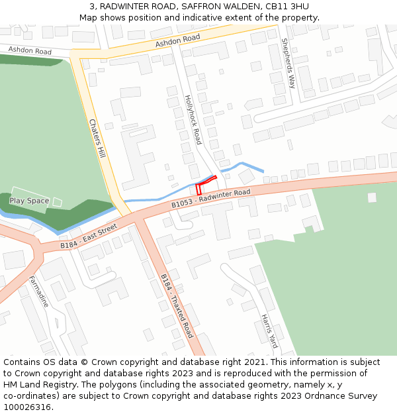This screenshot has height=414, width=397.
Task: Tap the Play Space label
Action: click(29, 201)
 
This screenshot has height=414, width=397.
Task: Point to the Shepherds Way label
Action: click(288, 64)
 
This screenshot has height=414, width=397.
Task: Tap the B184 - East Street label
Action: click(88, 236)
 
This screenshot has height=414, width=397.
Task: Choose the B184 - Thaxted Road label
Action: click(177, 305)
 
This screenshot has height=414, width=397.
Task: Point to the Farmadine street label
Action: click(38, 292)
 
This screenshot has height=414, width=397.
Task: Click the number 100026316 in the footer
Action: click(27, 407)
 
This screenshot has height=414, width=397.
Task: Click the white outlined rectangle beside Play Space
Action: click(57, 201)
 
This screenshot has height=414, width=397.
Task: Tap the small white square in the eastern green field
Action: click(372, 197)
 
